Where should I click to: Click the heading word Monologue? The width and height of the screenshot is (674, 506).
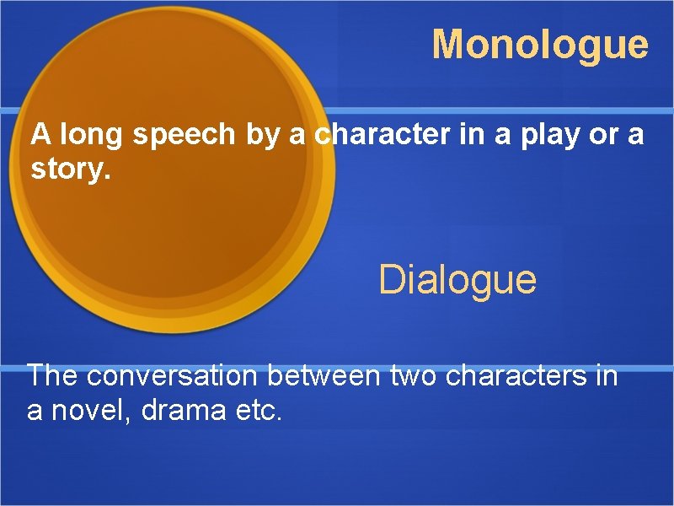pos(540,45)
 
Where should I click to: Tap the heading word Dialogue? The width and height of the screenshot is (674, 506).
pos(457,279)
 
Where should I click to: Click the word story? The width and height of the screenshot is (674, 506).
pos(70,170)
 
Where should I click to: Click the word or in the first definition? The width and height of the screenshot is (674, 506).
pos(602,136)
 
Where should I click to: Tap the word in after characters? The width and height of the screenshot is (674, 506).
pos(606,375)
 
